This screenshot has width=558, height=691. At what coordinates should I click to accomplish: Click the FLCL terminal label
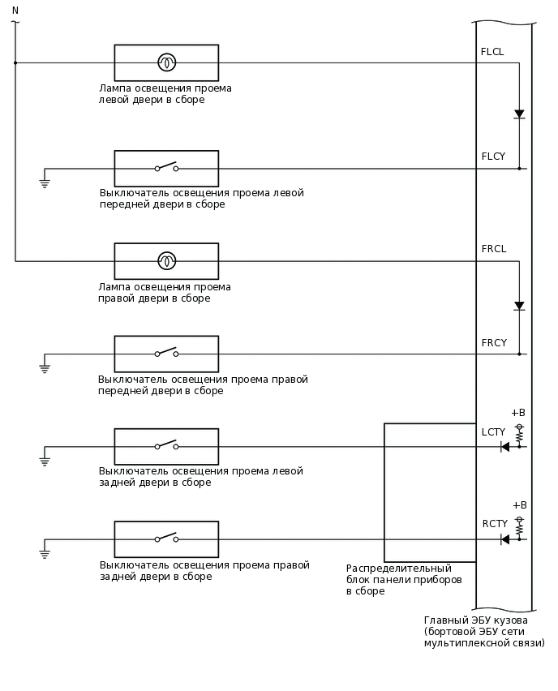tap(491, 52)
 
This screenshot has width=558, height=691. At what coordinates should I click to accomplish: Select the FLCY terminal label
tap(492, 157)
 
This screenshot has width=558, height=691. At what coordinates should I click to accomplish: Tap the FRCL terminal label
tap(493, 249)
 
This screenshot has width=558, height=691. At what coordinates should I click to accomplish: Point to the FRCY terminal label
tap(493, 343)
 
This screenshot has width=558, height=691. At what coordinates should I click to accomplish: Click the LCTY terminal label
tap(493, 432)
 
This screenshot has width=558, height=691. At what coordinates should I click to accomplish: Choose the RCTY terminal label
tap(494, 524)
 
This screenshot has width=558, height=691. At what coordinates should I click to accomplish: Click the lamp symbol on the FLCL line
tap(166, 62)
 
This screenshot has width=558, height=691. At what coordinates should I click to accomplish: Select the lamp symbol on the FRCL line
tap(166, 261)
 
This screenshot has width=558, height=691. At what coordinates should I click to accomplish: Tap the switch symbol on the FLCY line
tap(166, 168)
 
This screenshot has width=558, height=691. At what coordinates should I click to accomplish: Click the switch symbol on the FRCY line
tap(166, 354)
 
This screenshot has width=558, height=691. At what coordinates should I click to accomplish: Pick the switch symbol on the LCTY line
tap(166, 446)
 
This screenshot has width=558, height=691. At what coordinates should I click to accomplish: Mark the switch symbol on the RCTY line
tap(166, 539)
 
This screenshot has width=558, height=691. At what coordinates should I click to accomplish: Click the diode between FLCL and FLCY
tap(519, 114)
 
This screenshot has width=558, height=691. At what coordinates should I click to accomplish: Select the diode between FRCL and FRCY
tap(519, 307)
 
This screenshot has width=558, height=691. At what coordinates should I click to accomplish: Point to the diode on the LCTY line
tap(504, 447)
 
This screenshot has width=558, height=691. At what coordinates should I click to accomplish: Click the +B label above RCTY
tap(519, 504)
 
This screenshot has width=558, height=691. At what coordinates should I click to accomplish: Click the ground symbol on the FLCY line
tap(45, 182)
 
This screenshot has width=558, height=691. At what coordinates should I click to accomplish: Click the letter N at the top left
tap(15, 9)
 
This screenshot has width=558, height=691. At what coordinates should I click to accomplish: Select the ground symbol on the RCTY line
tap(45, 554)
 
